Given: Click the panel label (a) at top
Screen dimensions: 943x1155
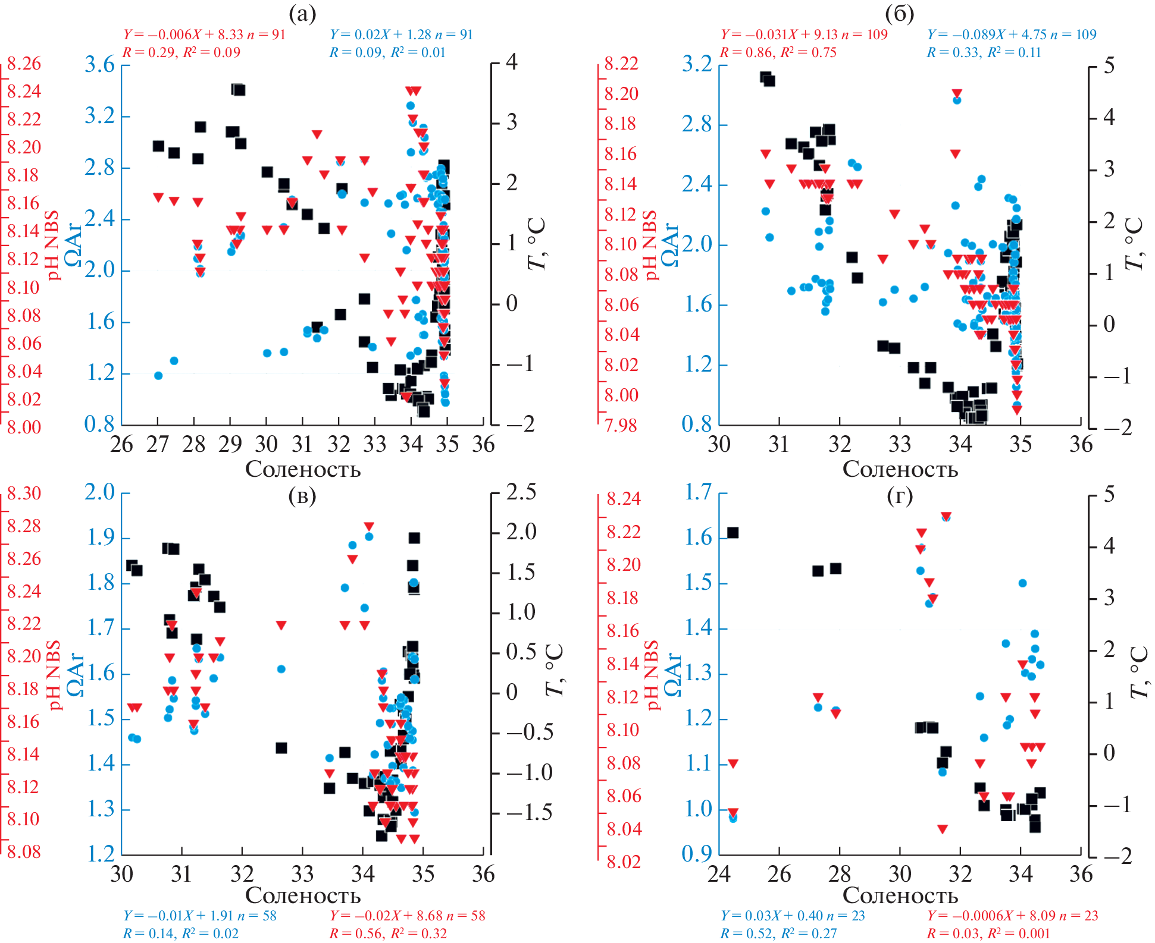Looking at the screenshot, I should click(x=302, y=13).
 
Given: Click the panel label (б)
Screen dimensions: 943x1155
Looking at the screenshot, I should click(x=899, y=13).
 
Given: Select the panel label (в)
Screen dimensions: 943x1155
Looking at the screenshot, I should click(x=302, y=495).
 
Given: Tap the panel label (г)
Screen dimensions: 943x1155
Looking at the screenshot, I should click(x=899, y=495).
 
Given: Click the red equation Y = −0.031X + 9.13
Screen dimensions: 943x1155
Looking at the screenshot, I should click(x=804, y=34).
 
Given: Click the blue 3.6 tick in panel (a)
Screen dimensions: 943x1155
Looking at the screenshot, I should click(x=99, y=64).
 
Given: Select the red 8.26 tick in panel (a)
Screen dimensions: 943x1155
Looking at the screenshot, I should click(x=24, y=63).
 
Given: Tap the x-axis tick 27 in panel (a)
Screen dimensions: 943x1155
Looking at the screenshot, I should click(x=158, y=444).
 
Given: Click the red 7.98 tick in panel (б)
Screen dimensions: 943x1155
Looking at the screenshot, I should click(x=621, y=425).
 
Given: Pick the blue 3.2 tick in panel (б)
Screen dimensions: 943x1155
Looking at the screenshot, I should click(x=697, y=64).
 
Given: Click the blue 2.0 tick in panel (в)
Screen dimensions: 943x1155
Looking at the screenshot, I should click(x=99, y=492).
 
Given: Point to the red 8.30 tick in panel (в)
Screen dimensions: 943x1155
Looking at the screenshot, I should click(x=24, y=493).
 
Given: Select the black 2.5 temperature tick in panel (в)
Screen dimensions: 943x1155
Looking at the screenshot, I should click(x=521, y=492).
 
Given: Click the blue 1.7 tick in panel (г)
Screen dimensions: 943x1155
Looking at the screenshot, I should click(x=698, y=492).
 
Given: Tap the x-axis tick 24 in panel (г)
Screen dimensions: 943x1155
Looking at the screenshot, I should click(x=719, y=874).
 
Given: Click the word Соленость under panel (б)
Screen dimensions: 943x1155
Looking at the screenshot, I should click(x=900, y=469).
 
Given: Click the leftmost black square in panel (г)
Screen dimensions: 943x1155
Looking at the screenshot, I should click(x=733, y=533).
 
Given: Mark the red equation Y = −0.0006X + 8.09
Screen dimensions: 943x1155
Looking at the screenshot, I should click(x=1013, y=916).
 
